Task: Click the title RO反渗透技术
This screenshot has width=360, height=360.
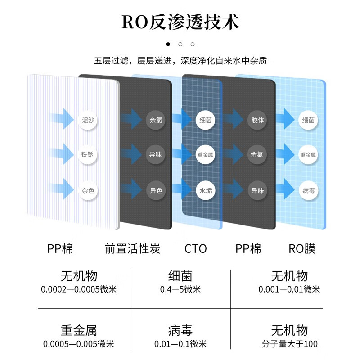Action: pyautogui.click(x=180, y=22)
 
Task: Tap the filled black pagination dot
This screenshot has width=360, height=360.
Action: pyautogui.click(x=168, y=44)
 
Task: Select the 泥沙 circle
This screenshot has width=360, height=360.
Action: pyautogui.click(x=88, y=120)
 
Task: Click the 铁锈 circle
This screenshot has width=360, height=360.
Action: pyautogui.click(x=88, y=154)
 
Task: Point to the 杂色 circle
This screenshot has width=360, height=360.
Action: pyautogui.click(x=88, y=190)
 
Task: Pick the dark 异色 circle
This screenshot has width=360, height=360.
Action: pyautogui.click(x=155, y=190)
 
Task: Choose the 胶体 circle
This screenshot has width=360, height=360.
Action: pyautogui.click(x=257, y=120)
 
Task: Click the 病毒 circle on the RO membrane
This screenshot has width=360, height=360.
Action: pyautogui.click(x=308, y=190)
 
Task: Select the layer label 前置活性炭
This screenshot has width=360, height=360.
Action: pyautogui.click(x=132, y=248)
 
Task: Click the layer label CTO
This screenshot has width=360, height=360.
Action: pyautogui.click(x=196, y=248)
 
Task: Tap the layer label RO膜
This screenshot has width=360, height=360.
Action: pyautogui.click(x=302, y=248)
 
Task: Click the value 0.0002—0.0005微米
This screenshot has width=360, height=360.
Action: pyautogui.click(x=79, y=289)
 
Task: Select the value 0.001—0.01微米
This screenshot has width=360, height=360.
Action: pyautogui.click(x=289, y=289)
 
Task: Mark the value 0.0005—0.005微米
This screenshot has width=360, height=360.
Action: pyautogui.click(x=79, y=344)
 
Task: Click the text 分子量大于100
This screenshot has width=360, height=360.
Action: pyautogui.click(x=289, y=344)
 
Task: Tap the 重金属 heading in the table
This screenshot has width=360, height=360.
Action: pyautogui.click(x=79, y=331)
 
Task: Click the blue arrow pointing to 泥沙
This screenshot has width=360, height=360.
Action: pyautogui.click(x=61, y=118)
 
